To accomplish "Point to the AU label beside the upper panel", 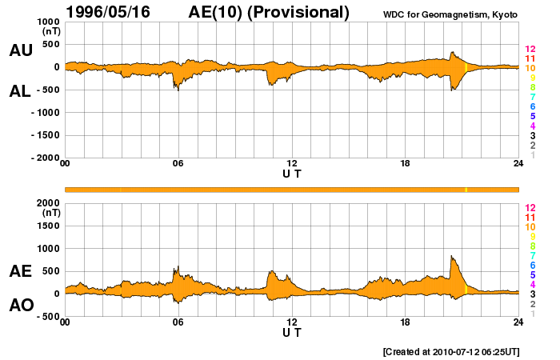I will (21, 50).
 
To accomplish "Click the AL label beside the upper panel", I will (21, 91).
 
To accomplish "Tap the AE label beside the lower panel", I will (21, 271).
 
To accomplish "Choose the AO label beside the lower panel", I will (21, 305).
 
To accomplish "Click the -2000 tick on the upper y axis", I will (45, 158).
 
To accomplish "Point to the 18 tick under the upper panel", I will (406, 164).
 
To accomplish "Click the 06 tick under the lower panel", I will (178, 322).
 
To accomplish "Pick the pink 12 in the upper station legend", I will (530, 50).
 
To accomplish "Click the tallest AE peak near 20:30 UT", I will (452, 257).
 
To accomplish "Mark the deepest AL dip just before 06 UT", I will (178, 89).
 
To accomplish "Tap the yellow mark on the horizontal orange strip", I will (466, 190).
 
